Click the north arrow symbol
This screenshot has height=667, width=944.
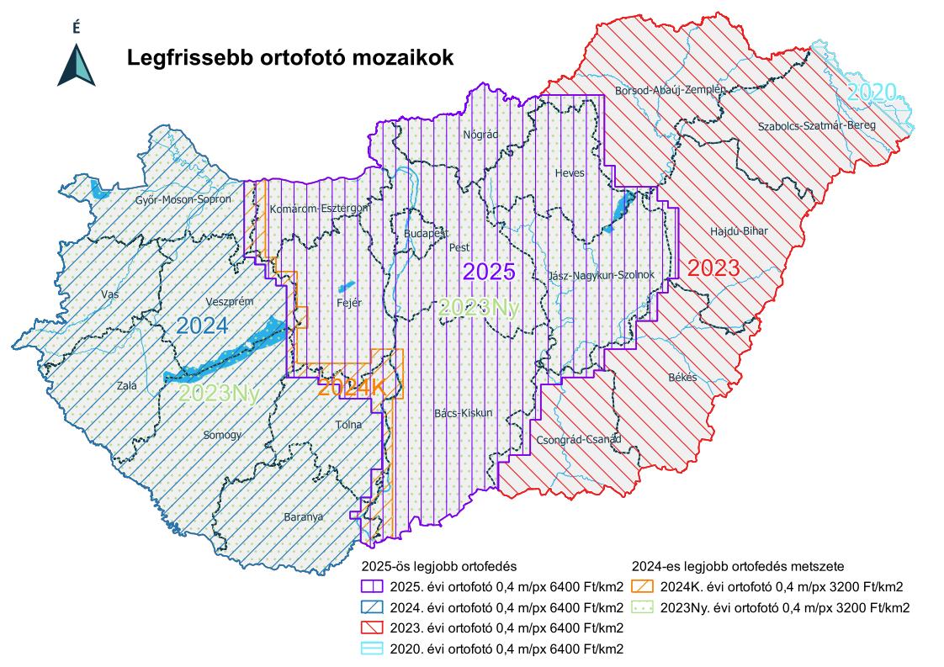point(76,64)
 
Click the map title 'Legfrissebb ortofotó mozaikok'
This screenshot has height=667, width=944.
point(290,58)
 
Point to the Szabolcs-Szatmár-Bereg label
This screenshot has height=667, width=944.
point(816,125)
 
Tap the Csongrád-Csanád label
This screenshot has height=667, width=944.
point(578,439)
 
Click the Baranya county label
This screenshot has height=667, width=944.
point(303,517)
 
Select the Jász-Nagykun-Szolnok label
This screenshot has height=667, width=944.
point(600,275)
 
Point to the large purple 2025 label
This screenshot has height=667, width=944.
point(489,272)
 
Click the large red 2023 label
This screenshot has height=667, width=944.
point(713,268)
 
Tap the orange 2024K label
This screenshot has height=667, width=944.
point(351,389)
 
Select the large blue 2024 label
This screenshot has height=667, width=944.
point(202,326)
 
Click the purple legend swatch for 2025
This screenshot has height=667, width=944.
point(371,587)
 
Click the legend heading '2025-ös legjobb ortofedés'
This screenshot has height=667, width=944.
point(438,567)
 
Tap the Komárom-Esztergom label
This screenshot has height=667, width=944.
point(320,208)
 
